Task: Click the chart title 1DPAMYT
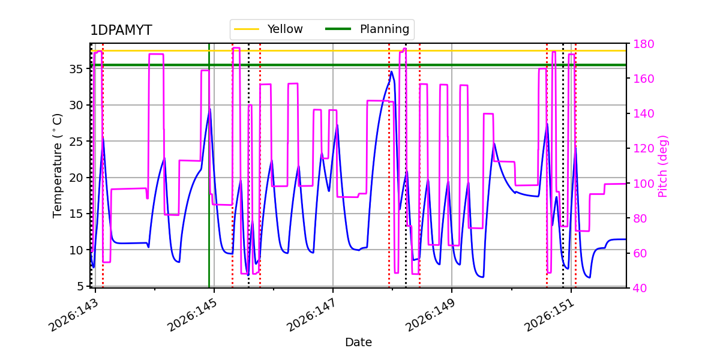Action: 121,30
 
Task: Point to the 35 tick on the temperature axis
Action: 76,69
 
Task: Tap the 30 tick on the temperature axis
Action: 76,105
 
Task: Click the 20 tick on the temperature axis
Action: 76,178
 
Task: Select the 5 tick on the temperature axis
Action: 80,286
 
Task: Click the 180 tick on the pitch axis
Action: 643,44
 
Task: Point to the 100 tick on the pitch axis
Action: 643,184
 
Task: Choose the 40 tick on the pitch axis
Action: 640,289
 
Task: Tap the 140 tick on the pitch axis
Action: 643,114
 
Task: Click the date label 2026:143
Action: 74,316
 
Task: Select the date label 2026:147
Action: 311,316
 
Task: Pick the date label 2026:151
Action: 550,316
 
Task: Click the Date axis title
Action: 358,343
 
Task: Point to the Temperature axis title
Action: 57,166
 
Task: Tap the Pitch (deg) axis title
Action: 663,166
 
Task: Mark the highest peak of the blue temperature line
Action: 391,71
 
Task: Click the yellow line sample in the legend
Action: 247,29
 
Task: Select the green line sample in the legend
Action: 338,29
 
